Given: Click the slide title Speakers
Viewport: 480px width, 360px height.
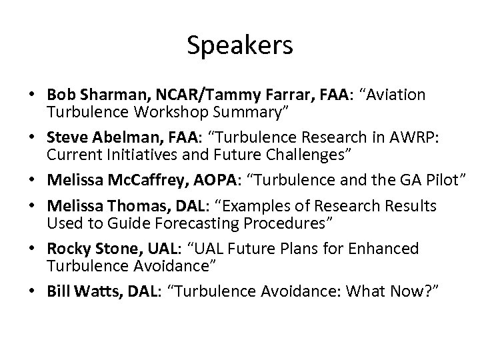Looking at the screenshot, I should (x=239, y=45).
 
